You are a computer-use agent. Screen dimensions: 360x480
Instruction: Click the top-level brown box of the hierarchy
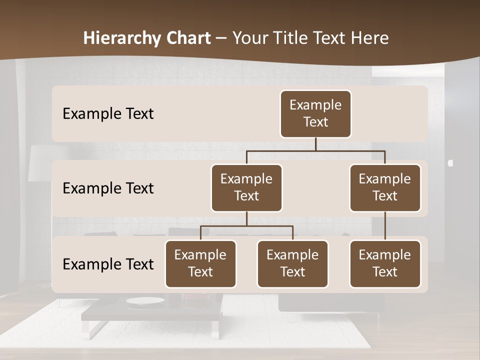pos(315,114)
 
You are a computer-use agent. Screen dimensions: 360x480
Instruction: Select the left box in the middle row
pos(246,187)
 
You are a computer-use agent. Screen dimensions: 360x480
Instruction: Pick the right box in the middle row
pos(385,187)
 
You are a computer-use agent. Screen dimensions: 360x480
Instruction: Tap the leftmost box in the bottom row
pos(200,264)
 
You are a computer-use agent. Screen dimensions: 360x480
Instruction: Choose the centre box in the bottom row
pos(292,264)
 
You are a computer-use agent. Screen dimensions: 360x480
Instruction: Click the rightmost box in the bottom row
pos(385,264)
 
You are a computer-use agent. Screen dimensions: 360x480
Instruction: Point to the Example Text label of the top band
pos(108,114)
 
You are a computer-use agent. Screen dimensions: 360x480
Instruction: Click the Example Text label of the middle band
pos(108,188)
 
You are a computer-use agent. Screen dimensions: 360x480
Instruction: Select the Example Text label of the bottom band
pos(108,264)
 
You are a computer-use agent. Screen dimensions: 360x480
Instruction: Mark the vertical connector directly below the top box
pos(315,144)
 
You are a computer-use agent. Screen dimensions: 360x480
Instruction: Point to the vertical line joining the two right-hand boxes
pos(385,226)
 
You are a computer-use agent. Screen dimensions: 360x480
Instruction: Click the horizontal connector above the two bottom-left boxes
pos(246,226)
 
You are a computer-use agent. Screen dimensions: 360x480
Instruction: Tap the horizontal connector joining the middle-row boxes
pos(315,150)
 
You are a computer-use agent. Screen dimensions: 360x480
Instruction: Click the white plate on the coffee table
pos(145,300)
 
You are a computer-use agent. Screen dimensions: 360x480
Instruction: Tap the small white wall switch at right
pos(450,163)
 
